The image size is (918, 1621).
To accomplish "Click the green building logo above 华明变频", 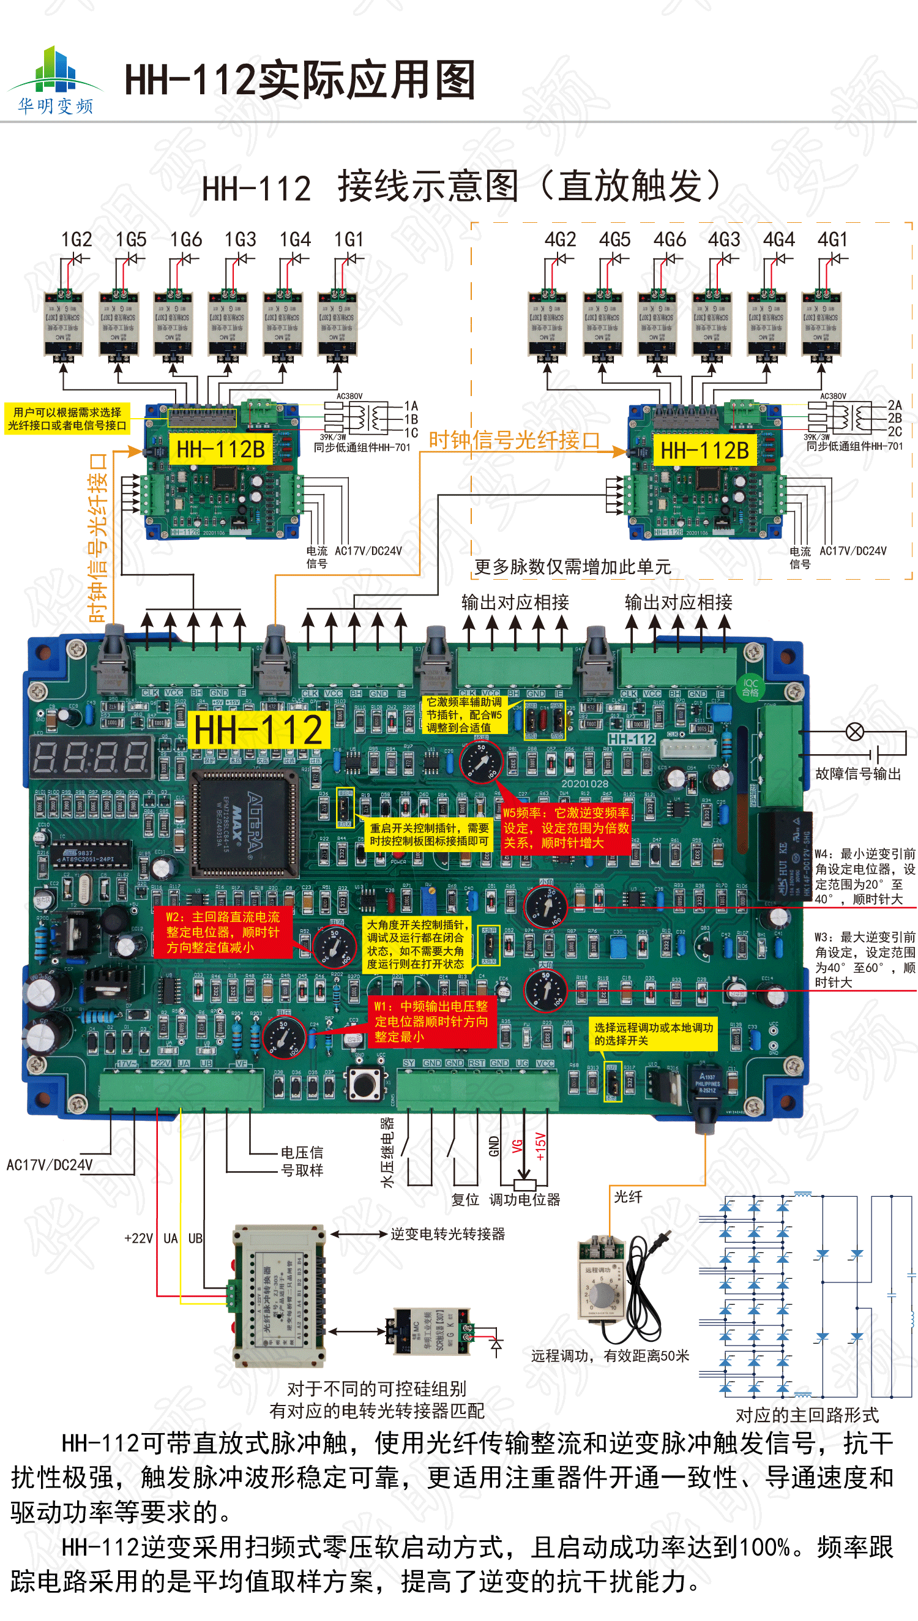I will (55, 70).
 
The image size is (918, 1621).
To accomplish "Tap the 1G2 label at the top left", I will (76, 240).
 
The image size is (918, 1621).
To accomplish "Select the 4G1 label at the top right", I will (832, 240).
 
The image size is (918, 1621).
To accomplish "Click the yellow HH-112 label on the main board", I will (258, 730).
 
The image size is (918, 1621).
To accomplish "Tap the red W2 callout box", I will (223, 932).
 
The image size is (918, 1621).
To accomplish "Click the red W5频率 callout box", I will (565, 828).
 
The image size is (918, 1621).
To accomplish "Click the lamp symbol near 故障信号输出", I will (854, 732).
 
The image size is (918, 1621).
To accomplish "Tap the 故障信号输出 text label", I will (857, 774).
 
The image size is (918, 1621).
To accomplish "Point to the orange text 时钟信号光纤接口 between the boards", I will (514, 440).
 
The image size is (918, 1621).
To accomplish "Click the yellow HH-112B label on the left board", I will (221, 449).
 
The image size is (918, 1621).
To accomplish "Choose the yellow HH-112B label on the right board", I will (704, 450).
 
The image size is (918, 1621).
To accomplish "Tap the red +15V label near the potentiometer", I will (540, 1147).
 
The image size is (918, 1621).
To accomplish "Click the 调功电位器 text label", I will (524, 1200).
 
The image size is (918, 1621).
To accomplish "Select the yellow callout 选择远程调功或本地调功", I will (653, 1033).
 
